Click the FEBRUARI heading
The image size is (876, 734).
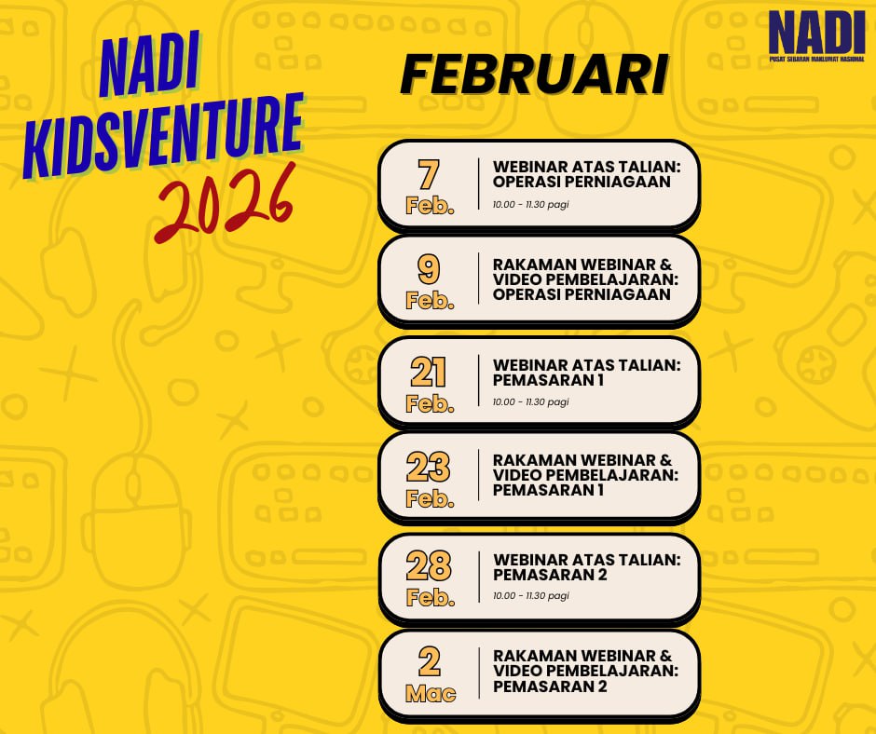pyautogui.click(x=534, y=75)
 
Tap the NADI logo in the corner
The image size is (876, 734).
pyautogui.click(x=816, y=35)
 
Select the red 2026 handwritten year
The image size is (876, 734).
pyautogui.click(x=225, y=203)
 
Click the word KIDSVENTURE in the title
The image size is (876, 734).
pyautogui.click(x=163, y=136)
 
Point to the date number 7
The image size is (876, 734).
pyautogui.click(x=429, y=174)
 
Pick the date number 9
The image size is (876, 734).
pyautogui.click(x=429, y=269)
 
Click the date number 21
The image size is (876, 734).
pyautogui.click(x=429, y=372)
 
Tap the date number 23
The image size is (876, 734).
pyautogui.click(x=429, y=467)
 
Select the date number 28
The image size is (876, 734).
pyautogui.click(x=429, y=565)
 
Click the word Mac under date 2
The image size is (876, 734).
pyautogui.click(x=431, y=694)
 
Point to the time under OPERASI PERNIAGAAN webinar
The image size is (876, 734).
pyautogui.click(x=531, y=204)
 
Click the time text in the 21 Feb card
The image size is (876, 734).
pyautogui.click(x=531, y=401)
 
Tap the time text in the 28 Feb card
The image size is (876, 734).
pyautogui.click(x=531, y=595)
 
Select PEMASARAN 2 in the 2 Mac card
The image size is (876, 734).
pyautogui.click(x=550, y=686)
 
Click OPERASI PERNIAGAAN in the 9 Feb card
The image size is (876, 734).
pyautogui.click(x=582, y=293)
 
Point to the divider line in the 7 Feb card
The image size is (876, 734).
pyautogui.click(x=479, y=183)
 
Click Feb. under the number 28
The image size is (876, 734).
pyautogui.click(x=431, y=598)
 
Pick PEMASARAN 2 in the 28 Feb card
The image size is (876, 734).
pyautogui.click(x=550, y=574)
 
